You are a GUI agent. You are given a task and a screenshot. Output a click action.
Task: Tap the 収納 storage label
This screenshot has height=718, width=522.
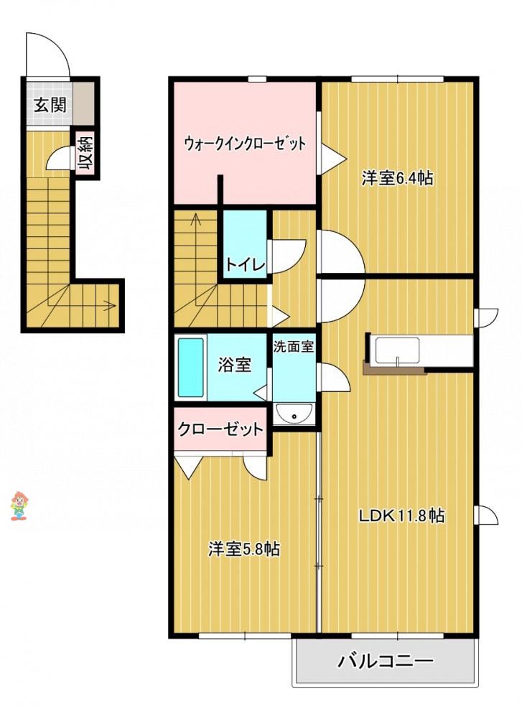point(85,154)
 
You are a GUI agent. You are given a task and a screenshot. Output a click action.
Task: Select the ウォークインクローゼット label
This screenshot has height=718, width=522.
point(245,144)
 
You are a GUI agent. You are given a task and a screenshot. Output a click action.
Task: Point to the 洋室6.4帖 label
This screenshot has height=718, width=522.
point(396,177)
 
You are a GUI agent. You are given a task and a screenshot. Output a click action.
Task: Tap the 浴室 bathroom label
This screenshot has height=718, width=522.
point(234,365)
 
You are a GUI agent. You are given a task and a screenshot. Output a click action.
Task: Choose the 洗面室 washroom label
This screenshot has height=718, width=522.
point(294,346)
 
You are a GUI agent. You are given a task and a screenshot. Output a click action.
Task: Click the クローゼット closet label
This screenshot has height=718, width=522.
point(220,429)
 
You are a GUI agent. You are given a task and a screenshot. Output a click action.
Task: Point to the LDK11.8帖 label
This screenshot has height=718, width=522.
point(401,516)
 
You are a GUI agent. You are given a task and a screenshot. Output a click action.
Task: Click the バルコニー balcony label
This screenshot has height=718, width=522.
point(386,661)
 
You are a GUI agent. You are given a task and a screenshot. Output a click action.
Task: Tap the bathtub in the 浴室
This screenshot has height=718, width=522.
point(190,368)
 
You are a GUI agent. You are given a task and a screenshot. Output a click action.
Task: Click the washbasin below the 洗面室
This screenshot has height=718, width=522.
point(294,415)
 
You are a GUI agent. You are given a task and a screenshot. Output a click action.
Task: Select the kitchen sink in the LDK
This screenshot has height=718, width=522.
point(398,351)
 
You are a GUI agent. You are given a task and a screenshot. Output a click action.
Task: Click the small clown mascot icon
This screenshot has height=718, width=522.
point(19,505)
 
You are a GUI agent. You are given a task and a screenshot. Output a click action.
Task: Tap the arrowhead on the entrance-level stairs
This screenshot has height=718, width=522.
point(111,304)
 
